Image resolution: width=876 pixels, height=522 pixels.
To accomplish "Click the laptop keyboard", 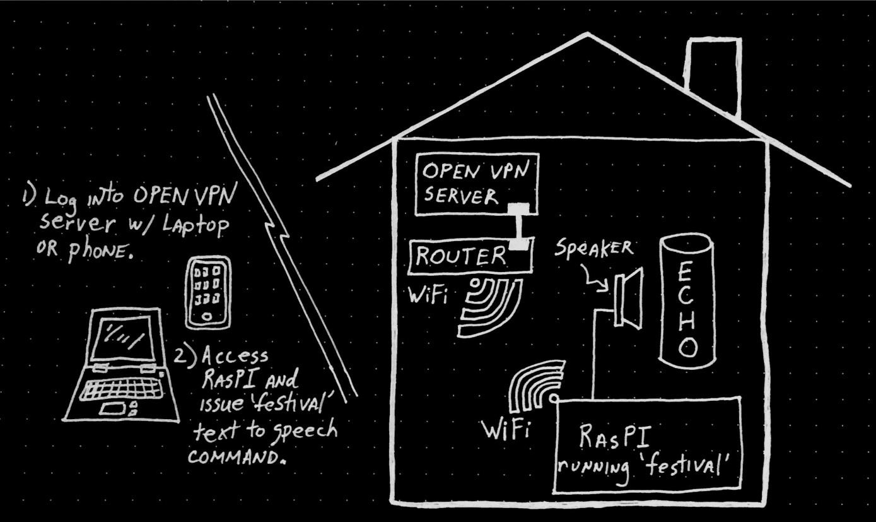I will pyautogui.click(x=121, y=391).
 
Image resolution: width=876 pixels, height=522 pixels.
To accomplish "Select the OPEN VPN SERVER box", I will pyautogui.click(x=476, y=184).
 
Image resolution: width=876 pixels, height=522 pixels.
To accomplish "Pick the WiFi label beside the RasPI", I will pyautogui.click(x=506, y=430).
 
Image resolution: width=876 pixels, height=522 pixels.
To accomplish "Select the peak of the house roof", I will pyautogui.click(x=587, y=35).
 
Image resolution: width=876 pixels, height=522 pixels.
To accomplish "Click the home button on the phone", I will pyautogui.click(x=207, y=317).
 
